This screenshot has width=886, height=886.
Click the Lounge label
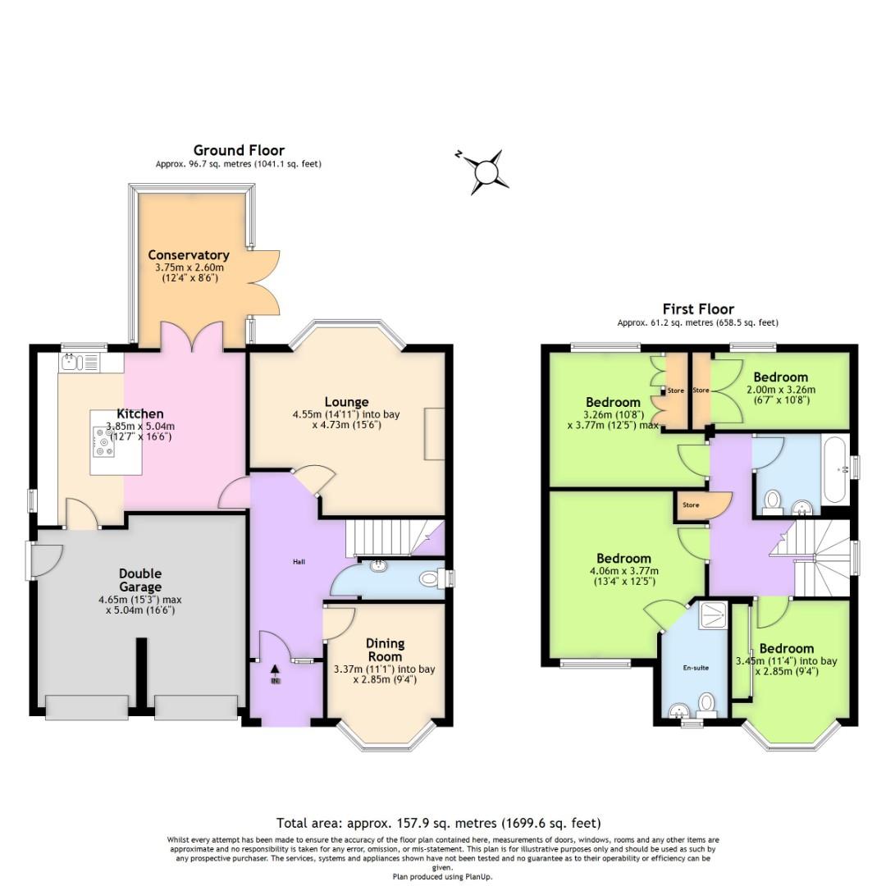(x=346, y=402)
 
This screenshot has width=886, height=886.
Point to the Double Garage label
(x=139, y=580)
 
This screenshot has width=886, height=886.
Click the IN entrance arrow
(x=275, y=675)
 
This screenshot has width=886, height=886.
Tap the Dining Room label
(x=385, y=650)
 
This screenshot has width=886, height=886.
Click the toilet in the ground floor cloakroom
(x=430, y=579)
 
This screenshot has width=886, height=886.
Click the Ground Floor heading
(x=239, y=150)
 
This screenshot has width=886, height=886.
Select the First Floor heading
(x=698, y=309)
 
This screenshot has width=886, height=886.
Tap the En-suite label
(x=696, y=668)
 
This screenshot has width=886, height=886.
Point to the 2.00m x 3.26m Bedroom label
(x=781, y=377)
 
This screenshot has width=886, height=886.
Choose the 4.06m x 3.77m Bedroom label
(x=623, y=559)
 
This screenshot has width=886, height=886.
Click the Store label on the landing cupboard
(x=691, y=505)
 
